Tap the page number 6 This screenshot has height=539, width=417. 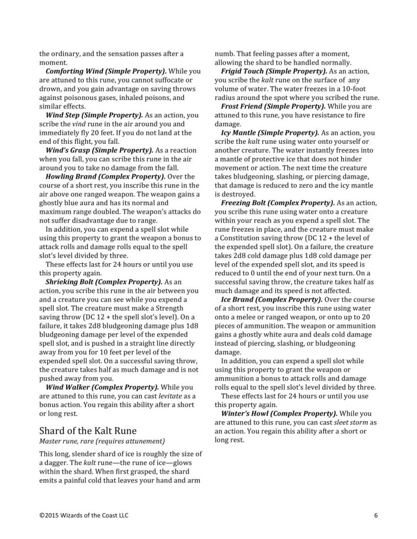[376, 515]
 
